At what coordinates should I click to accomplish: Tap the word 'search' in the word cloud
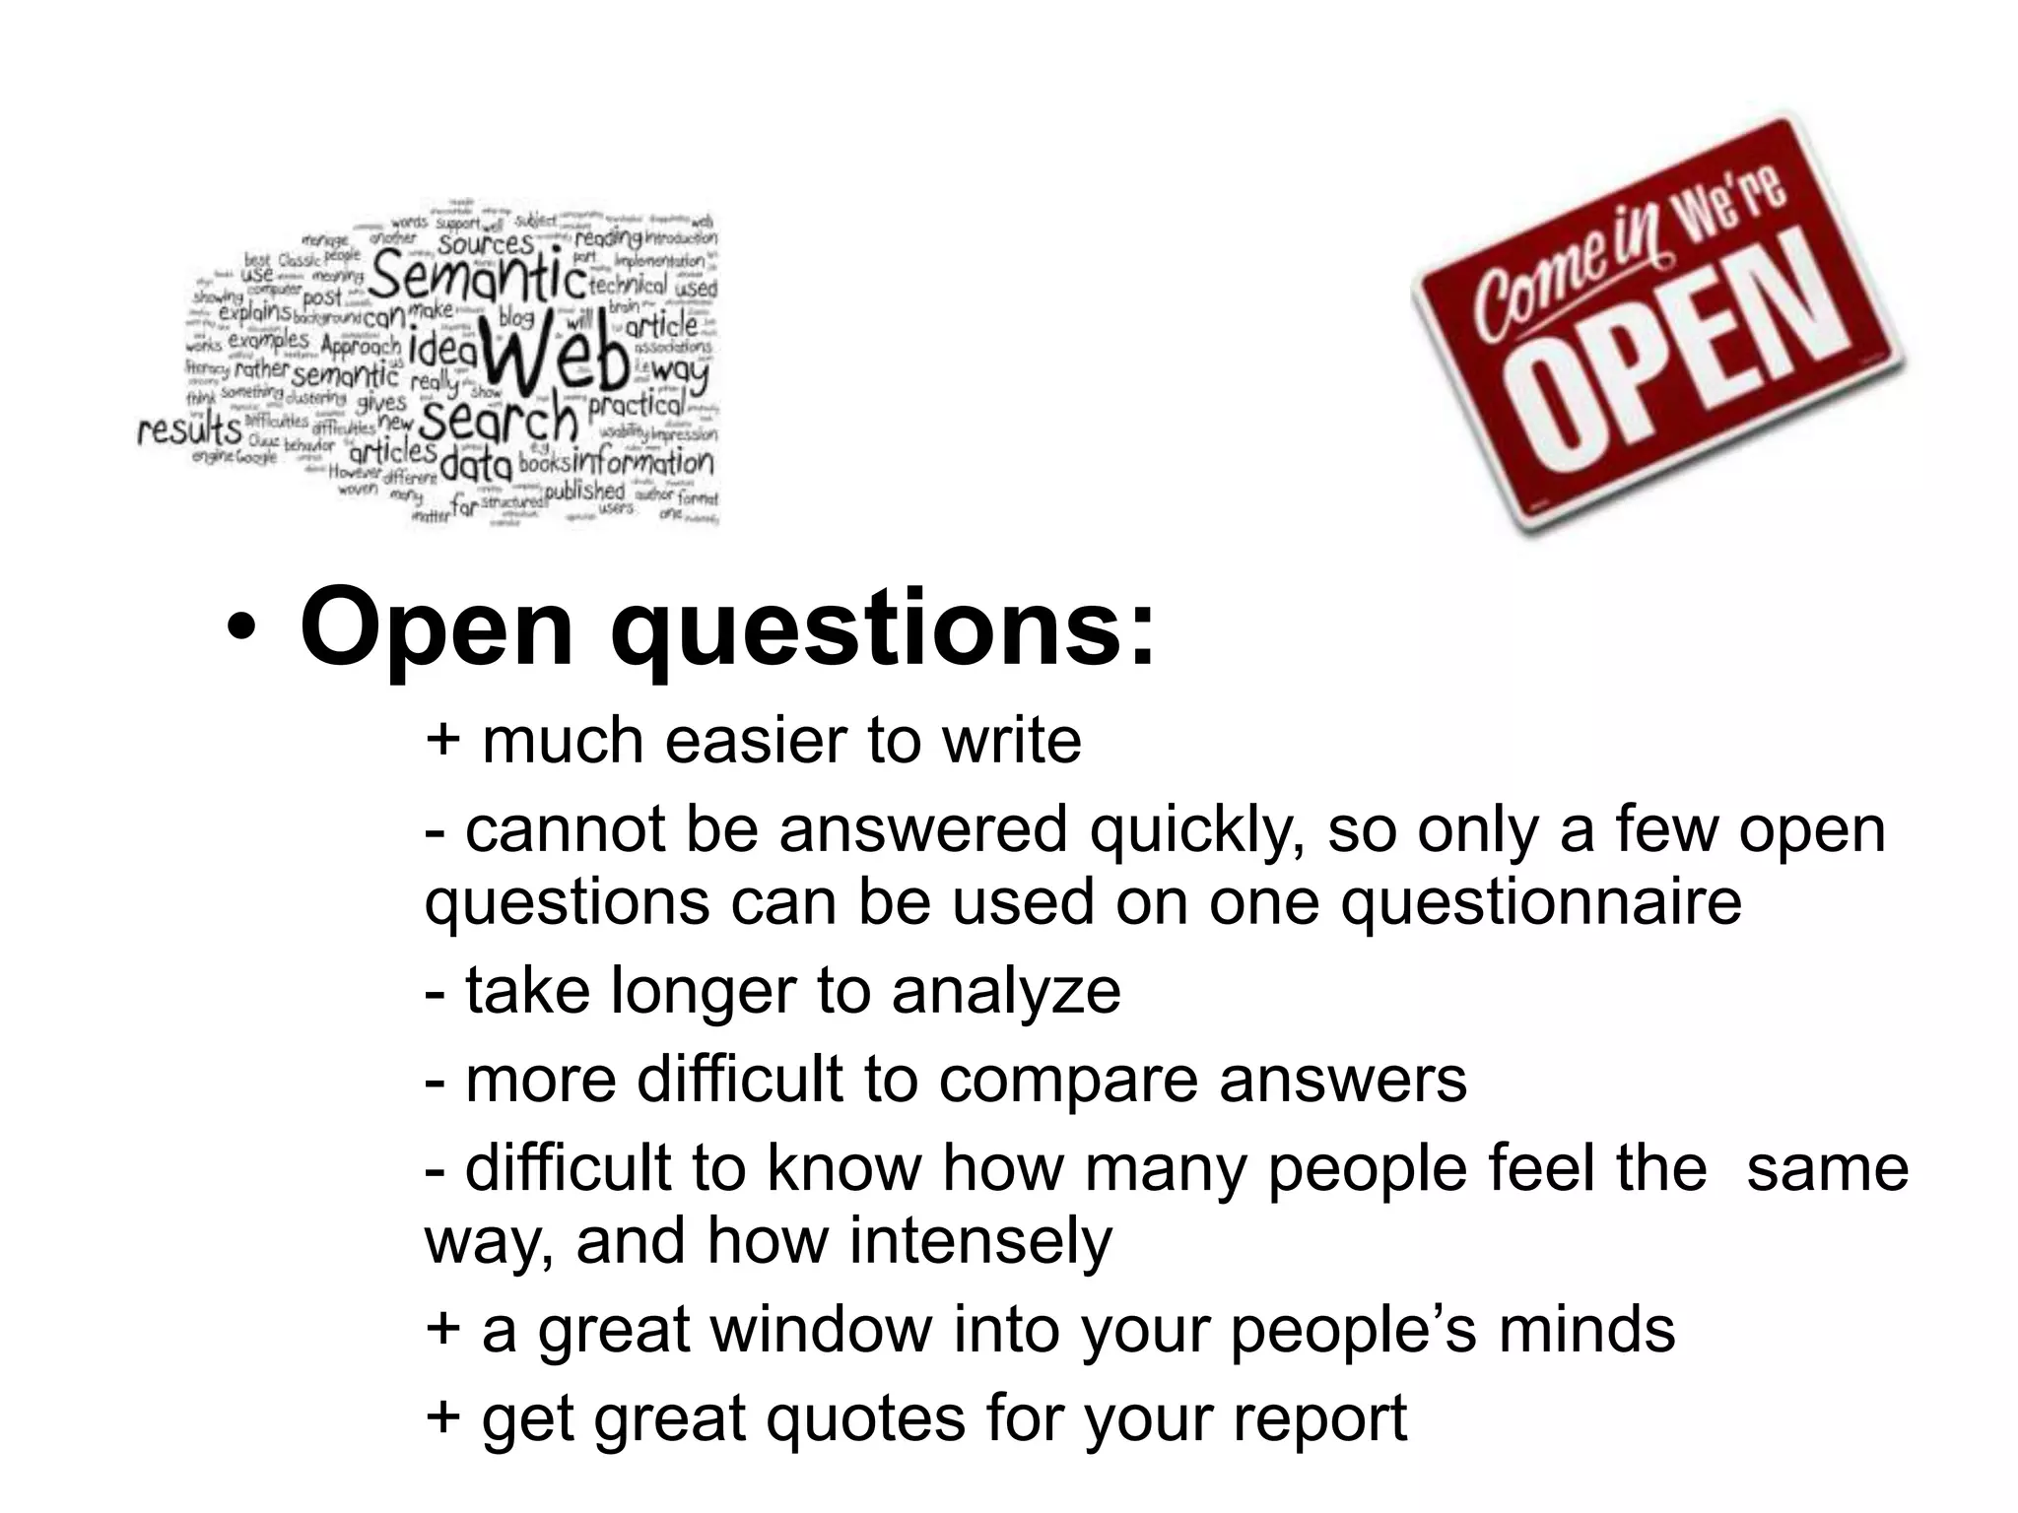pyautogui.click(x=499, y=421)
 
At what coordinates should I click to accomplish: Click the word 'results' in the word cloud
pyautogui.click(x=190, y=429)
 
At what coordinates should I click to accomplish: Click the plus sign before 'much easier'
pyautogui.click(x=442, y=741)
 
